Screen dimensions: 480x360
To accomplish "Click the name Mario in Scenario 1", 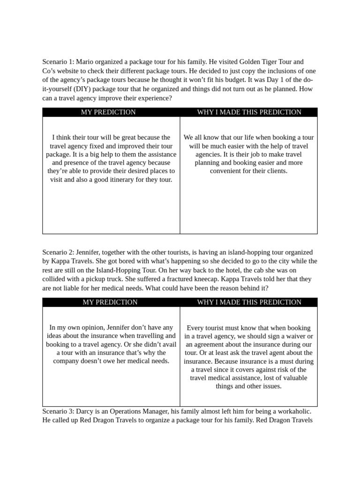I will click(86, 62).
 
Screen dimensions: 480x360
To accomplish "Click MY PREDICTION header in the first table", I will click(108, 112).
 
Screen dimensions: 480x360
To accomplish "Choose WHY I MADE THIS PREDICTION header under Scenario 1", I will click(249, 112).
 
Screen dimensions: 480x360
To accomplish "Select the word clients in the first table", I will click(277, 171).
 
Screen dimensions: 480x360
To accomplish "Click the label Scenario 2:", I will click(58, 252).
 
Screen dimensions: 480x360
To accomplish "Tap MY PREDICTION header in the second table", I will click(110, 302).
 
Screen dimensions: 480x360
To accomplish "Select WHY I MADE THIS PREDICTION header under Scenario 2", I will click(249, 302).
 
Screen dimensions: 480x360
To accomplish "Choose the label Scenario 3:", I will click(58, 412).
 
